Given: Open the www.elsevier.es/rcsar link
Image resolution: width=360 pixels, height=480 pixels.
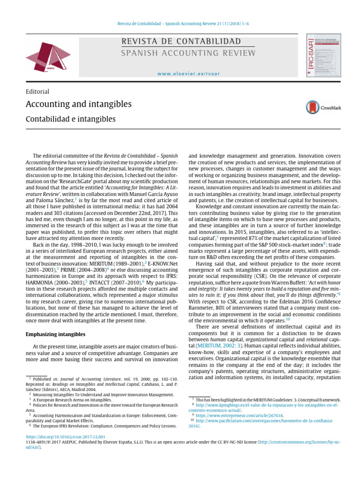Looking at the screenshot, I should [189, 74].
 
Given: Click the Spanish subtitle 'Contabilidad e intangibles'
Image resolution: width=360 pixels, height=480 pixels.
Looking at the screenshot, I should [70, 120].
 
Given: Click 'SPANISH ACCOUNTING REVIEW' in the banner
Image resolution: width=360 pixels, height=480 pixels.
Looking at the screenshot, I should [188, 53].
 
